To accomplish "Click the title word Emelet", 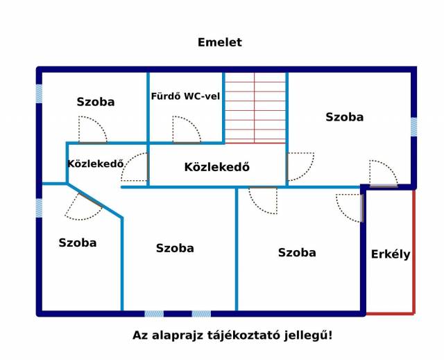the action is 220,42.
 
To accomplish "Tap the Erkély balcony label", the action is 391,254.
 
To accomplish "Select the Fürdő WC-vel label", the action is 185,96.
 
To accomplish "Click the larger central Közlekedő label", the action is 217,167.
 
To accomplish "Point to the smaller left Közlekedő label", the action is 96,164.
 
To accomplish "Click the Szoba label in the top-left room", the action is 96,102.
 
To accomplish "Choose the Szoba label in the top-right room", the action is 345,117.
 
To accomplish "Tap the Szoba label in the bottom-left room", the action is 78,243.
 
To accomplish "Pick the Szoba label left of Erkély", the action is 297,253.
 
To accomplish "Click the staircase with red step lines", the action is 255,108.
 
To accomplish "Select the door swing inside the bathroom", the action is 187,130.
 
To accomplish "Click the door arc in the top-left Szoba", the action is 92,130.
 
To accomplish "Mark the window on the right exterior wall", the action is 413,127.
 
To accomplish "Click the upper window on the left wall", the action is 39,94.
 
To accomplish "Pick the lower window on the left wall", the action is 39,208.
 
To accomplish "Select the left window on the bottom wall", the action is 154,313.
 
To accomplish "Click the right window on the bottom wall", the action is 201,313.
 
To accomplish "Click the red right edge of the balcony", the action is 413,252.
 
